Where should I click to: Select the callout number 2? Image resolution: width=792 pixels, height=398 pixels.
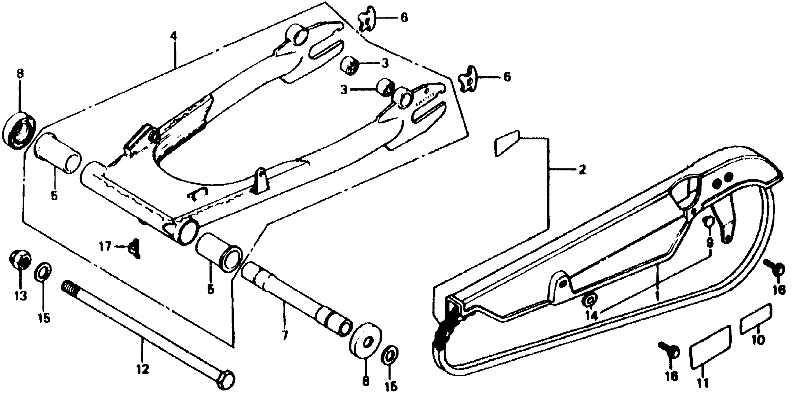(581, 170)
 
